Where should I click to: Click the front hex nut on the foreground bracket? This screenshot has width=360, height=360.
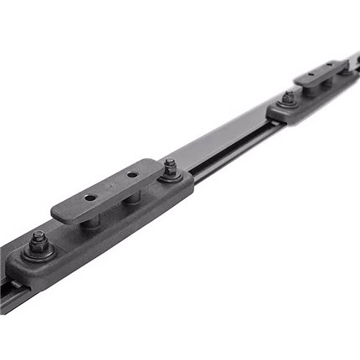[38, 242]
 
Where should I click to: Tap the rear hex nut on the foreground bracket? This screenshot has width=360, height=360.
[170, 167]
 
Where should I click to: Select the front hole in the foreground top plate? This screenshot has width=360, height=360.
[90, 198]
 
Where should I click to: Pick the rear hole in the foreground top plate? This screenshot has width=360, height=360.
[131, 176]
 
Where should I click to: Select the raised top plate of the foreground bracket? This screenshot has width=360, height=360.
[109, 189]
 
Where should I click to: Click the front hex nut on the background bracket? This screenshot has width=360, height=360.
[287, 97]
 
